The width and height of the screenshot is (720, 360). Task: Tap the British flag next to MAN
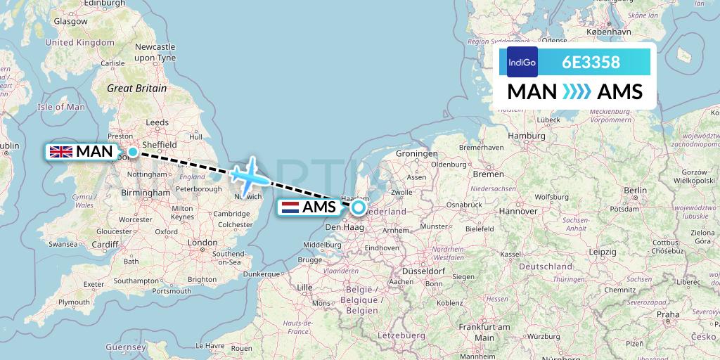pos(61,151)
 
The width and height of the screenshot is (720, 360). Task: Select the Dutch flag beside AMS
pos(290,207)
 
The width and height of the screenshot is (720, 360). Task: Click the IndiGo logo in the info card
pos(522,62)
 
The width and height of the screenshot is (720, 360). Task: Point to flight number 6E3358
pos(591,63)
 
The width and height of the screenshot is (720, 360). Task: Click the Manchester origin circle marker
pos(132,151)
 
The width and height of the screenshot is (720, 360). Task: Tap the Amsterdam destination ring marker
pos(359,207)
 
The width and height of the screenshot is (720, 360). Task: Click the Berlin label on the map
pos(635,190)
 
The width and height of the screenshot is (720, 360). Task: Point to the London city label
pos(202,243)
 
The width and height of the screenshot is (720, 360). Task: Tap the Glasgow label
pos(70,21)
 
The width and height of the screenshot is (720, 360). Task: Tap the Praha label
pos(669,314)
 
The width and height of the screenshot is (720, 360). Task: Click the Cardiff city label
pos(105,245)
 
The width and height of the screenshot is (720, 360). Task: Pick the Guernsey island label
pos(125,347)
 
